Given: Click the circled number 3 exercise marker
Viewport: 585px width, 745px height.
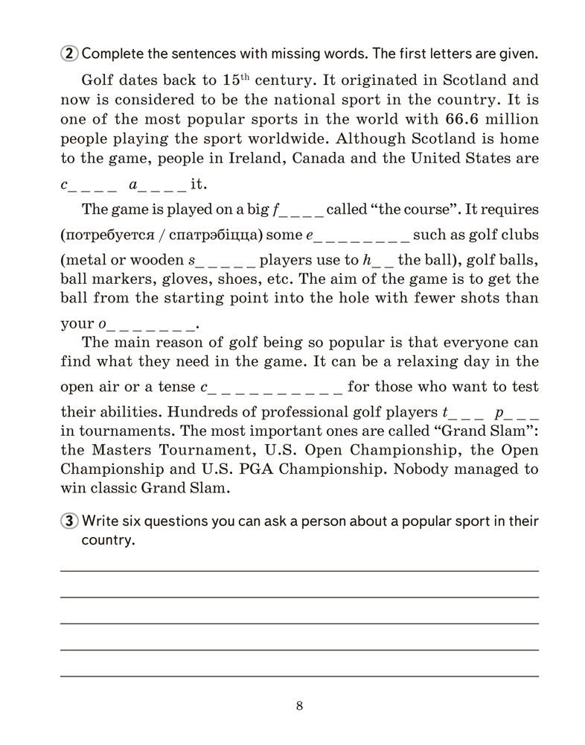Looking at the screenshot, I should pos(68,521).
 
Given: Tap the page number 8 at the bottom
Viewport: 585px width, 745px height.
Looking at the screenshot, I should pos(299,706).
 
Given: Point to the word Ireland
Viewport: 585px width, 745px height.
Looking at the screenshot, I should pos(254,158).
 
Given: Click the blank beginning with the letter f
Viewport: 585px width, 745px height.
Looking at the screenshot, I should pos(298,209).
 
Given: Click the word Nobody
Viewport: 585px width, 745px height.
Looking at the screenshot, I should pos(426,471).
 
